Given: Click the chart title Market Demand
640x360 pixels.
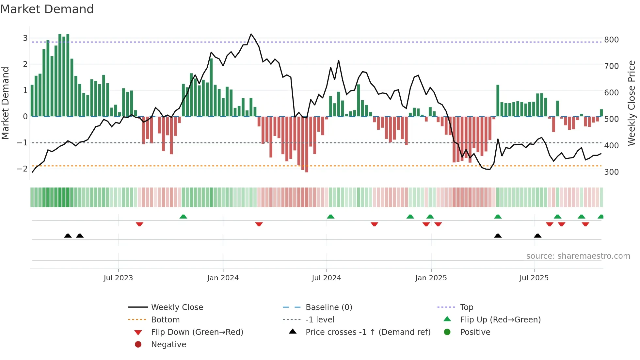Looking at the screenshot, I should [x=47, y=9].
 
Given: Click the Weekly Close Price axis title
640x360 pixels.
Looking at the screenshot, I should [x=632, y=103].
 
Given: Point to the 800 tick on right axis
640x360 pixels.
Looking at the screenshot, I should [x=611, y=40].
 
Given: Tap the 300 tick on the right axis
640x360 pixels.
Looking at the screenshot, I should [x=611, y=172].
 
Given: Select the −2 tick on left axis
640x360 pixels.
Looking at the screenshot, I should [x=22, y=169].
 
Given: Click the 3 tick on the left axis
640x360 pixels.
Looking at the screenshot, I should [x=25, y=38].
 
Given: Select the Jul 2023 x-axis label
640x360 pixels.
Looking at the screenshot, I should [x=118, y=278].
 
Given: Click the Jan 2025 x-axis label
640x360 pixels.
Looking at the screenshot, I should [x=431, y=278].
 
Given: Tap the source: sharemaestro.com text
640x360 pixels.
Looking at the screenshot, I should [x=578, y=256].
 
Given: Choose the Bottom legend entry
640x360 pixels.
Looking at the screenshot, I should [x=165, y=320].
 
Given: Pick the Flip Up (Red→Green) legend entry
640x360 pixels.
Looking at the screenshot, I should [x=500, y=320].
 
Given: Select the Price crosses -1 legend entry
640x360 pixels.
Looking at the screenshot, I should [x=368, y=332].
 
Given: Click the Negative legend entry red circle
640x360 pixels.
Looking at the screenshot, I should [x=138, y=345].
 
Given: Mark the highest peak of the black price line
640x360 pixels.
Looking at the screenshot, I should [x=251, y=34].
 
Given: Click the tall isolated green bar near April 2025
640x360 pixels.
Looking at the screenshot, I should [x=498, y=100].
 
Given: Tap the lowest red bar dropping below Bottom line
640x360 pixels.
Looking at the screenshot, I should [x=307, y=144].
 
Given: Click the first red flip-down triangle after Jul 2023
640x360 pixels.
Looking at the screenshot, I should [x=139, y=224].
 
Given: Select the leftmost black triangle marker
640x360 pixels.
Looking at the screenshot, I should [x=68, y=236].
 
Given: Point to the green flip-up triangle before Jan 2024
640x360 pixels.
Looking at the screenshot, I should [x=183, y=217].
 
